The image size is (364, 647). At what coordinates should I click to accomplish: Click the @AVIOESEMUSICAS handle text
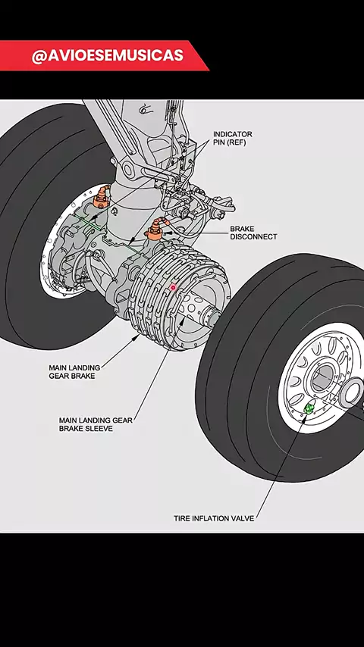coord(108,56)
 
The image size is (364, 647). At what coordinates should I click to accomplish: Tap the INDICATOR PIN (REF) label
coord(232,139)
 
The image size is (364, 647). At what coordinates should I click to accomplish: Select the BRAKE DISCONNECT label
coord(253,233)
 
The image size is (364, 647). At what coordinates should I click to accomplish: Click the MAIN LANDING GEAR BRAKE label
coord(74,372)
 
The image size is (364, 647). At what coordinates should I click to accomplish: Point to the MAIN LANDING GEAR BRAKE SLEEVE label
coord(96,424)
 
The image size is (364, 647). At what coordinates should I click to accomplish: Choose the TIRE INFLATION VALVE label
coord(214,518)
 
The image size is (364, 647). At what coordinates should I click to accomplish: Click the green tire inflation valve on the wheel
coord(309,409)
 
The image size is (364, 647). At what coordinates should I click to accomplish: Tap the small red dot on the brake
coord(173,287)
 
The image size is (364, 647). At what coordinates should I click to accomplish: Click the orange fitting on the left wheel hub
coord(101,198)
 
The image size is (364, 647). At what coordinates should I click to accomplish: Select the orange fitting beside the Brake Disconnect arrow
coord(155,230)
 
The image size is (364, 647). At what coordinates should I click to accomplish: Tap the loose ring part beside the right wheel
coord(351,392)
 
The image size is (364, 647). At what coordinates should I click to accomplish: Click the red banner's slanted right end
coord(199,56)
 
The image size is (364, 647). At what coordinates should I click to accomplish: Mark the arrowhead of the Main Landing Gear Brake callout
coord(136,338)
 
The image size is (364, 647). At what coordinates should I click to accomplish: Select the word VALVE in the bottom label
coord(243,518)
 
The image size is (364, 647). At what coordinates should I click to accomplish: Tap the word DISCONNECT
coord(253,237)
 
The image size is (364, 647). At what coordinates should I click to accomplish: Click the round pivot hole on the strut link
coord(127,169)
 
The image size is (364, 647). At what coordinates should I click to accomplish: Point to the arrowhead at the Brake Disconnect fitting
coord(167,233)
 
